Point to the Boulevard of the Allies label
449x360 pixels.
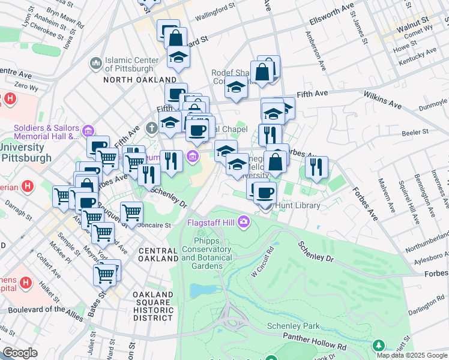[45, 310]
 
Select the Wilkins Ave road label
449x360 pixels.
[382, 100]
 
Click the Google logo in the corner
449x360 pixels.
[20, 353]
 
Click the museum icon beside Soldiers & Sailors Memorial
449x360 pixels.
[88, 130]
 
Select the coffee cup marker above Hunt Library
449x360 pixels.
[265, 193]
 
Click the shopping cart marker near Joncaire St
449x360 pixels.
[131, 211]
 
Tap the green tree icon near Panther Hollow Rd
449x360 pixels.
[379, 345]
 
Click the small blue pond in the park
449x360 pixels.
[197, 291]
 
